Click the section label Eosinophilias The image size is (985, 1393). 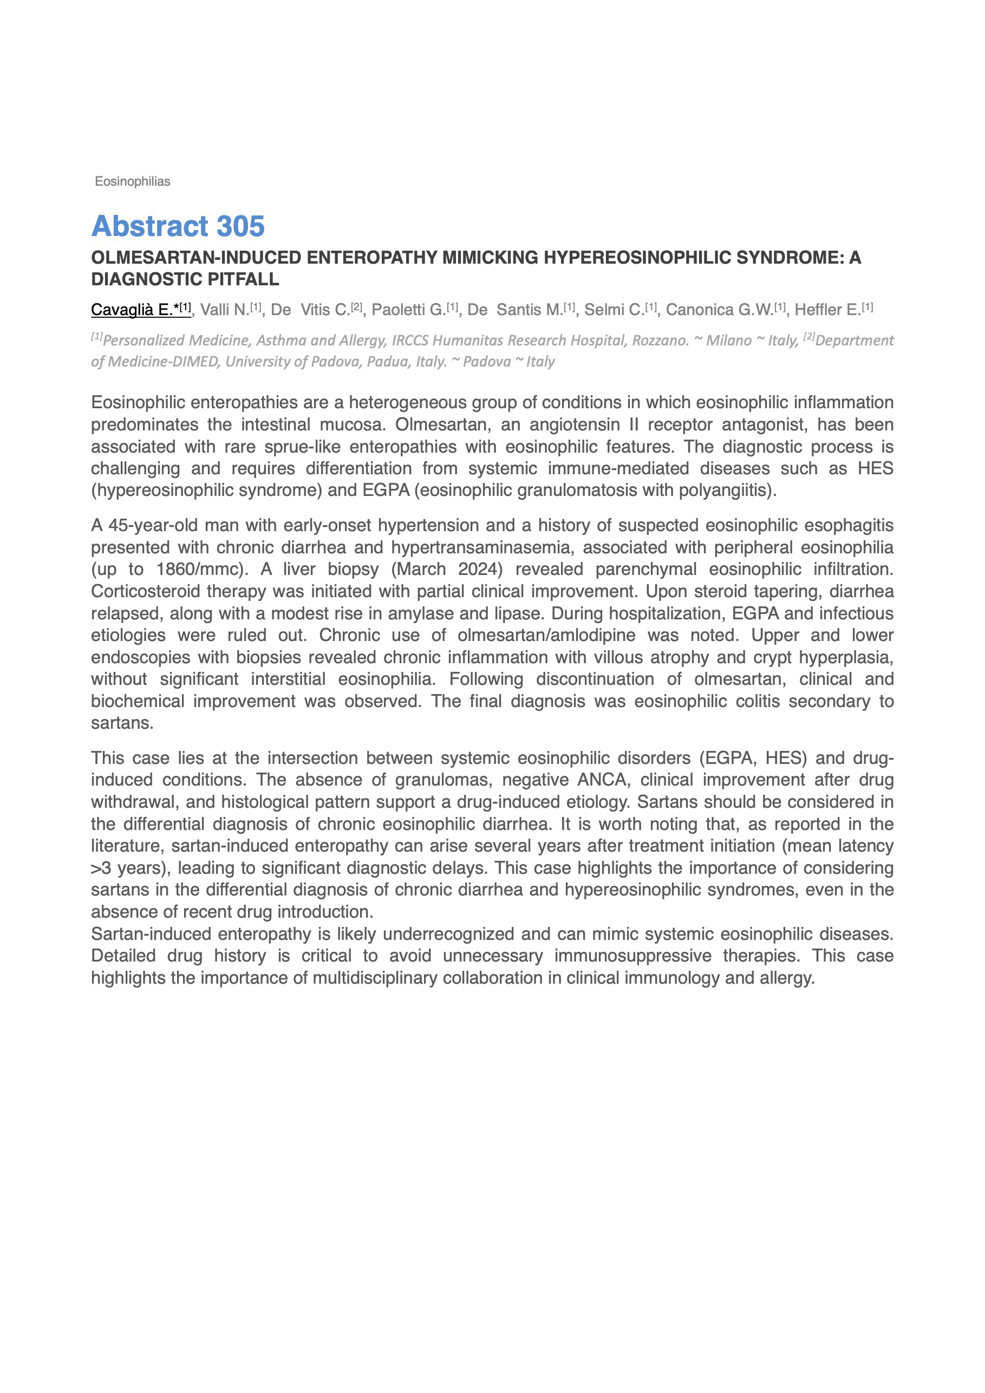pyautogui.click(x=132, y=181)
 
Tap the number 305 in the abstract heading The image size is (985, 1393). pyautogui.click(x=240, y=226)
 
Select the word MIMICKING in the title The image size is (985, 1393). pyautogui.click(x=489, y=258)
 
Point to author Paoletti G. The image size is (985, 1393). pyautogui.click(x=408, y=310)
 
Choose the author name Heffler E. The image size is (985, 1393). pyautogui.click(x=827, y=310)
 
